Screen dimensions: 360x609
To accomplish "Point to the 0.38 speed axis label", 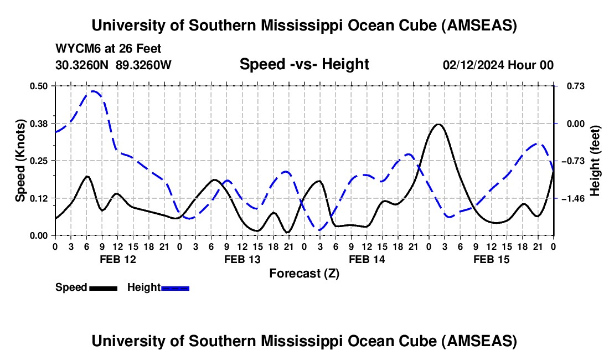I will pyautogui.click(x=38, y=123).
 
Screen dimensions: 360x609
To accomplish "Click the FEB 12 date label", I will pyautogui.click(x=117, y=259).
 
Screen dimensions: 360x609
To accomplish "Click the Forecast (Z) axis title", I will pyautogui.click(x=304, y=273).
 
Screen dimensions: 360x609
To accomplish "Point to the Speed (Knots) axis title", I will pyautogui.click(x=20, y=161).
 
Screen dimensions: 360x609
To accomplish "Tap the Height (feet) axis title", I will pyautogui.click(x=596, y=161).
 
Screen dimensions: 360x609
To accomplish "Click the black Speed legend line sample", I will pyautogui.click(x=103, y=287).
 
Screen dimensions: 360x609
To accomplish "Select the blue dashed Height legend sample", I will pyautogui.click(x=175, y=287).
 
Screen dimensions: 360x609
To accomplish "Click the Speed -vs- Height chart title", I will pyautogui.click(x=304, y=65).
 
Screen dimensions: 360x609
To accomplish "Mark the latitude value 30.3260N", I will pyautogui.click(x=82, y=65).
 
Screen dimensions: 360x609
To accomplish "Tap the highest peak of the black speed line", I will pyautogui.click(x=438, y=124).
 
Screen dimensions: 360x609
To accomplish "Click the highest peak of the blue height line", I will pyautogui.click(x=94, y=91).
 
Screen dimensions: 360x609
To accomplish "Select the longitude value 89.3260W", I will pyautogui.click(x=144, y=65).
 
